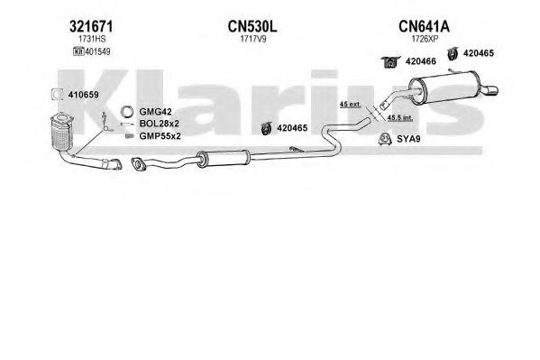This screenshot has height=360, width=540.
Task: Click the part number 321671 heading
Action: [91, 26]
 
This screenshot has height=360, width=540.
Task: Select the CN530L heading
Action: [252, 26]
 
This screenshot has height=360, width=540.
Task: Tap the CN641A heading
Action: [424, 26]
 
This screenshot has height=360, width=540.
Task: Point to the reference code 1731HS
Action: [92, 39]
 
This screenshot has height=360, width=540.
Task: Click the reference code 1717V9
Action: [253, 39]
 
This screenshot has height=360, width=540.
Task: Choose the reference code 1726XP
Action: [425, 39]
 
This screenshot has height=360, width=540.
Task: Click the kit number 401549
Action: [97, 51]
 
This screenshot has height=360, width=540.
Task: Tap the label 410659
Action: [83, 95]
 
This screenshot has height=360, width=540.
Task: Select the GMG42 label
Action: [155, 112]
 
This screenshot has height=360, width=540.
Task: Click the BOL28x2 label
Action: [159, 124]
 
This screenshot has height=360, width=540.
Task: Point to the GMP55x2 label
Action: [160, 136]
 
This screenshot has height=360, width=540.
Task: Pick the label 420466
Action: [421, 61]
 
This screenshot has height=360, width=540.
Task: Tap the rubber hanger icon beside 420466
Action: [390, 62]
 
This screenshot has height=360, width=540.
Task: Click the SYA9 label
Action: [408, 139]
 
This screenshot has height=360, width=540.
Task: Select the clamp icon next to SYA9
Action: [385, 139]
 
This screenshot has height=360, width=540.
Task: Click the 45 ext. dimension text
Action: [350, 104]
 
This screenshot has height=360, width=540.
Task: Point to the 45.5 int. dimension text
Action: [400, 117]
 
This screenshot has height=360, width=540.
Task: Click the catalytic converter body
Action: [61, 132]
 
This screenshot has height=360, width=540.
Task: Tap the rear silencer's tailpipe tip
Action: [490, 90]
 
